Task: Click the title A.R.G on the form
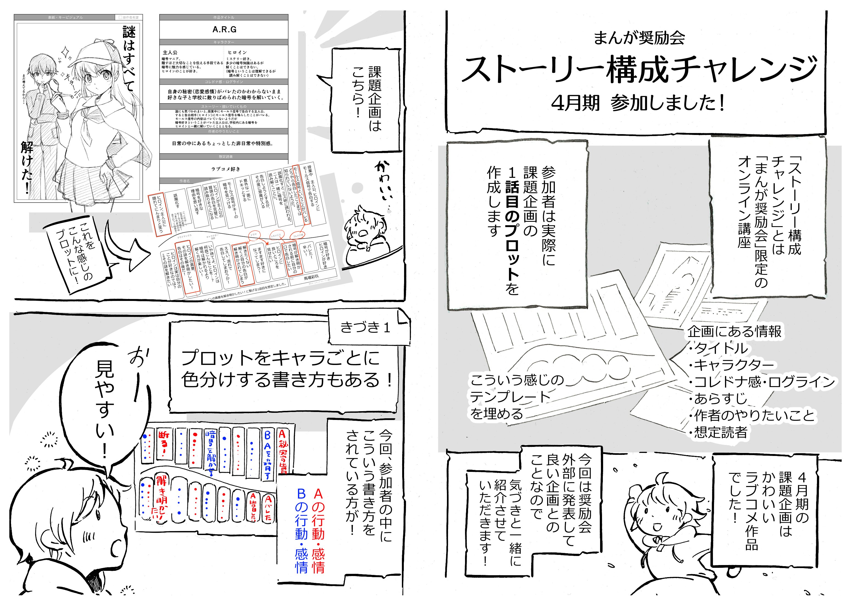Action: [x=224, y=29]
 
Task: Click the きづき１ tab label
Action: [x=365, y=327]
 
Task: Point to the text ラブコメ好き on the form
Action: [x=226, y=169]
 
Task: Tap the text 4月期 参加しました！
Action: [x=638, y=103]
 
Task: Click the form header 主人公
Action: [x=170, y=52]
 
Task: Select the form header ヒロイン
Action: [x=237, y=52]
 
